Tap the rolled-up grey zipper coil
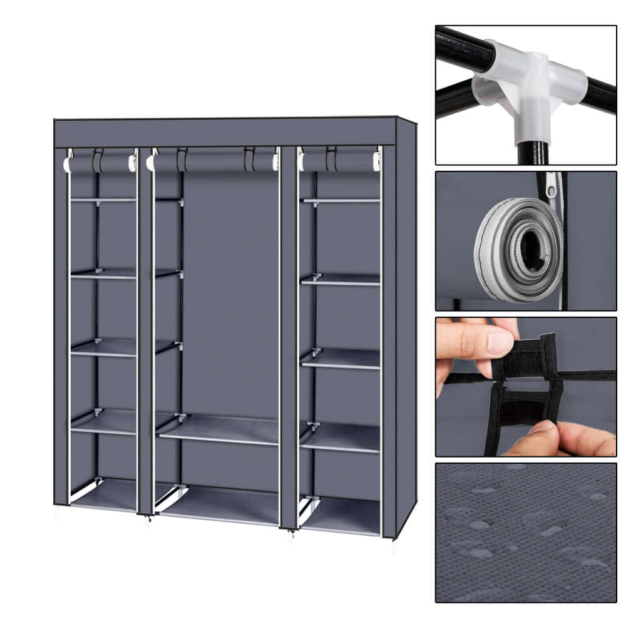point(518,249)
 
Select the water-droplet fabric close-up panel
point(526,532)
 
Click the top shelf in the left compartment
point(103,200)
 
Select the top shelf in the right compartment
point(341,200)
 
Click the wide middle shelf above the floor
point(219,430)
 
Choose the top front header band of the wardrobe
point(225,132)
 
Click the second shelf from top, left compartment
point(103,274)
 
